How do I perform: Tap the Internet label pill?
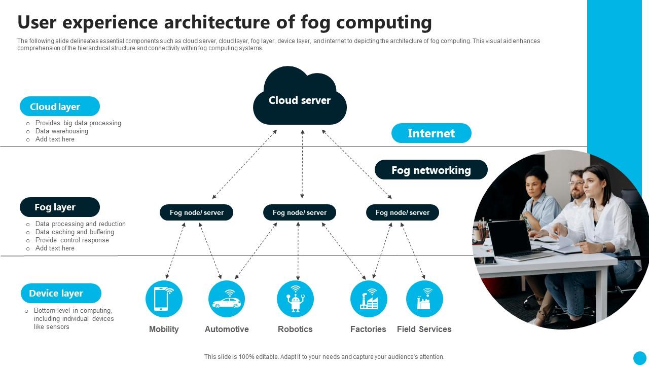tap(431, 133)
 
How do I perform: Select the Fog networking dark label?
tap(431, 170)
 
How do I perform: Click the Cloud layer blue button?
tap(60, 106)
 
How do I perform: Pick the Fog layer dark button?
tap(60, 207)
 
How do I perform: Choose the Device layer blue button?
tap(61, 293)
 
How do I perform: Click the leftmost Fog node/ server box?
tap(196, 212)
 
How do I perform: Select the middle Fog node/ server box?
tap(299, 212)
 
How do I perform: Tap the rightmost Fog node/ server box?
tap(402, 212)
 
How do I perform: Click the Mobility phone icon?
tap(164, 299)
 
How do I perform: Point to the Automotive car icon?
tap(227, 299)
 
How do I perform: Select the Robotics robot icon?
tap(295, 299)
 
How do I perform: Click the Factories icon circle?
tap(369, 299)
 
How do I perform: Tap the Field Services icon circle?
tap(424, 299)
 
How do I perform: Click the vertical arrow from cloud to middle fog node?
tap(302, 164)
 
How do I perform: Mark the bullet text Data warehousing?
tap(61, 131)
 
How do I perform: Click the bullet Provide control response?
tap(72, 240)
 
